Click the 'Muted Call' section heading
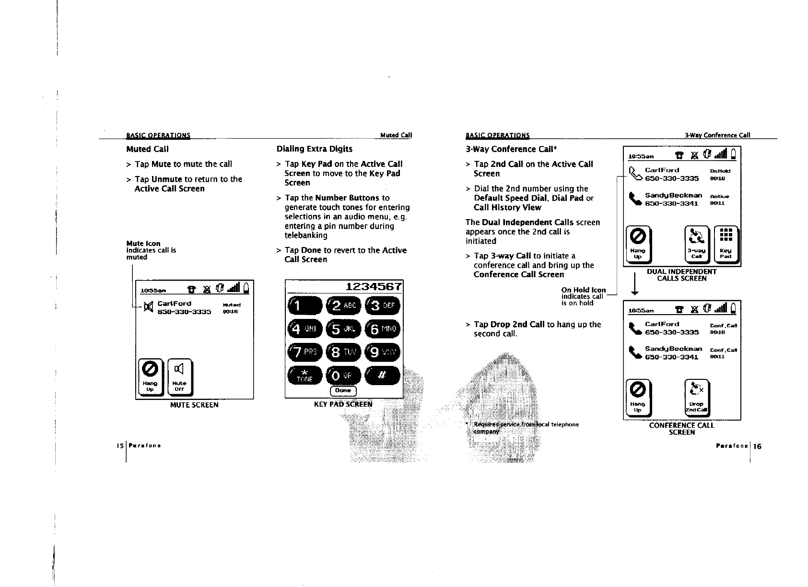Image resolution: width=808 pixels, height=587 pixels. tap(147, 149)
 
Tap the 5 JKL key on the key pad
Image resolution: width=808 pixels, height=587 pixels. tap(343, 329)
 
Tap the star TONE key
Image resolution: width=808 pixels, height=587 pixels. tap(304, 376)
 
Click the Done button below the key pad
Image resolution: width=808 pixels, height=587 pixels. tap(343, 391)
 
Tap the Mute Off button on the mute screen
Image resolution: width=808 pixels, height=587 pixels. tap(179, 378)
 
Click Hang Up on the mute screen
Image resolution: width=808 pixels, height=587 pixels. tap(150, 378)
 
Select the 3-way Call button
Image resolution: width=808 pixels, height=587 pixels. tap(697, 245)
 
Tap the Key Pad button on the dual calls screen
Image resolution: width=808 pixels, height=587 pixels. tap(726, 245)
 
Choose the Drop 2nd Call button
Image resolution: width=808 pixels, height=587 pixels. tap(696, 399)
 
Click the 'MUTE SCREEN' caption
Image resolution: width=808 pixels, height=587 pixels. tap(194, 405)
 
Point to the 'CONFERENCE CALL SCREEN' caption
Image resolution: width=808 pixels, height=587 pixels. tap(681, 429)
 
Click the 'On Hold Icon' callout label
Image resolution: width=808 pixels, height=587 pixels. tap(584, 290)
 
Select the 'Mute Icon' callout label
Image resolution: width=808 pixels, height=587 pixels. tap(143, 244)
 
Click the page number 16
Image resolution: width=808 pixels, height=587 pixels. tap(757, 446)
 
